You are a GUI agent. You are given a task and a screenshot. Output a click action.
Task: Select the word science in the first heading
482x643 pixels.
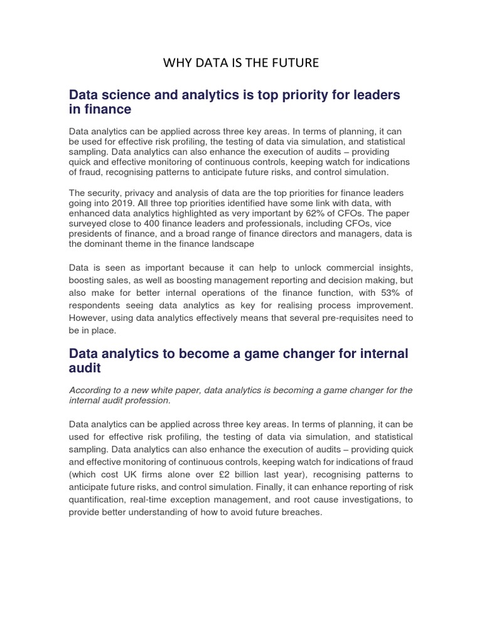[122, 95]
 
